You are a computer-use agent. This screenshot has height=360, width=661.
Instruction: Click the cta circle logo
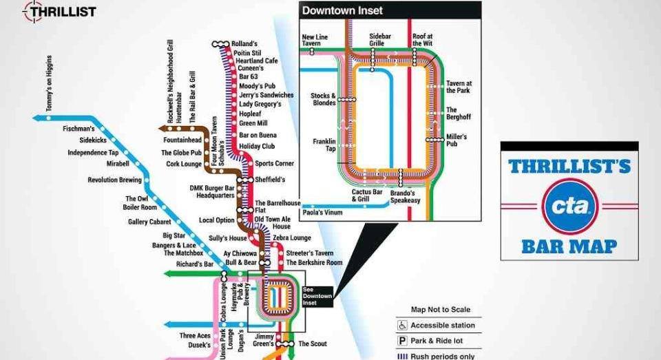(x=568, y=204)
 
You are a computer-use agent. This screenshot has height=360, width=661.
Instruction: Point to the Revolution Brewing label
(x=114, y=180)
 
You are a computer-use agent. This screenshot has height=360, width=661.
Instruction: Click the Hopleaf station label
(x=250, y=114)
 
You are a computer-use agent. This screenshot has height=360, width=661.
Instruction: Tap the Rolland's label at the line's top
(x=244, y=43)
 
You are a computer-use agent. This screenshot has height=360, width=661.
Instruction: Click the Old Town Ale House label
(x=273, y=223)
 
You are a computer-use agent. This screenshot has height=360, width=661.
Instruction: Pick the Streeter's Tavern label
(x=310, y=253)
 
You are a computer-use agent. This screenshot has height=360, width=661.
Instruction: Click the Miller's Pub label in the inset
(x=457, y=140)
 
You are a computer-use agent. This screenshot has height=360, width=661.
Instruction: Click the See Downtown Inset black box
(x=317, y=296)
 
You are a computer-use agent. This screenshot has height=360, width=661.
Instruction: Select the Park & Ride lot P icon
(x=402, y=341)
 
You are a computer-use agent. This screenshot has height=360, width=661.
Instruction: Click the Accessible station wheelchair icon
(x=402, y=326)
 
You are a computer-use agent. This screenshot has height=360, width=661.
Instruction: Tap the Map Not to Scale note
(x=441, y=310)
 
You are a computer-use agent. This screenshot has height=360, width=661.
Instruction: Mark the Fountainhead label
(x=183, y=140)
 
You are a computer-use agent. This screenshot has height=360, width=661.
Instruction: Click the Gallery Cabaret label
(x=151, y=222)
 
